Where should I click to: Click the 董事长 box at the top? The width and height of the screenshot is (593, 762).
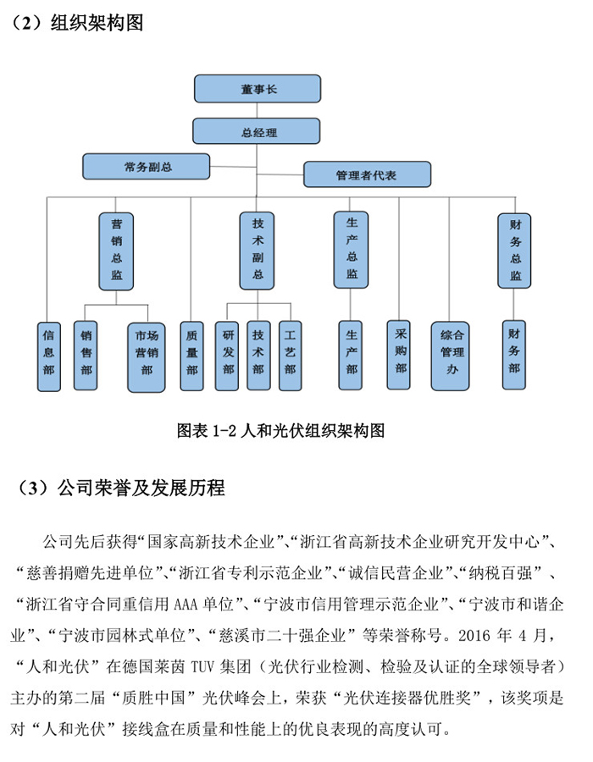[258, 88]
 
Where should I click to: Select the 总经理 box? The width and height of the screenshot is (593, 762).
[256, 131]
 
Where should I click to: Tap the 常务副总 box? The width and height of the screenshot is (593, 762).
[147, 167]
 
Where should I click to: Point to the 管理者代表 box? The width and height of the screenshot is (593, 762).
[367, 174]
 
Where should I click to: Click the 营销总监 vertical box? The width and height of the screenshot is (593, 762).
[116, 251]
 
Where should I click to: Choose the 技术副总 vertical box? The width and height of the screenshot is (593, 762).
[258, 251]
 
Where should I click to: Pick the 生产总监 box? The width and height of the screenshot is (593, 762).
[351, 250]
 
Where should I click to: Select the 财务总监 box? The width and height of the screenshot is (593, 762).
[514, 251]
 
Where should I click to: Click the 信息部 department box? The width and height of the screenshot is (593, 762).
[49, 356]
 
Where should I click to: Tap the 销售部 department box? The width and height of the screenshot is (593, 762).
[86, 356]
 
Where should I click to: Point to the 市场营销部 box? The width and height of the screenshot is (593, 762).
[147, 357]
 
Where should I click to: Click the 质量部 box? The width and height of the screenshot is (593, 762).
[191, 356]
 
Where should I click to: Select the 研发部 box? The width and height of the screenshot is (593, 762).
[227, 356]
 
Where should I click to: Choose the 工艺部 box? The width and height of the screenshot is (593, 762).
[291, 356]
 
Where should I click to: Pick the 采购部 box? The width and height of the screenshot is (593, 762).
[398, 355]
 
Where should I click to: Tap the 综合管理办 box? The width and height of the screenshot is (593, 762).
[450, 356]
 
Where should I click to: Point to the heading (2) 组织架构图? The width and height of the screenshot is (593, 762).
[77, 23]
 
